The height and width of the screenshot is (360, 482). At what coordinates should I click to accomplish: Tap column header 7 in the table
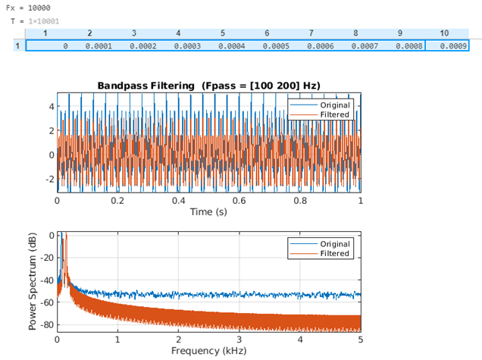click(311, 33)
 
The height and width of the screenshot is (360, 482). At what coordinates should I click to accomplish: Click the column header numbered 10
click(444, 33)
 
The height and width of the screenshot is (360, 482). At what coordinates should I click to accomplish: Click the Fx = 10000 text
click(29, 8)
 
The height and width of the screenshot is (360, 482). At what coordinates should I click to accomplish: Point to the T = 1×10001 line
click(35, 20)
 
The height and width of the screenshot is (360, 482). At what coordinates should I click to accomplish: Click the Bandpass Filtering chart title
click(208, 86)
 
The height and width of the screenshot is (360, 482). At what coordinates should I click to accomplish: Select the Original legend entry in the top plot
click(333, 105)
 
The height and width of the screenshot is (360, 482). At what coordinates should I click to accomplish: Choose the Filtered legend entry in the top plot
click(333, 114)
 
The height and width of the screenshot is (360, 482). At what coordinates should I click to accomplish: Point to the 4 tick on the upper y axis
click(50, 107)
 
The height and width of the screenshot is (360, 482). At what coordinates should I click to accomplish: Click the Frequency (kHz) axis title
click(208, 351)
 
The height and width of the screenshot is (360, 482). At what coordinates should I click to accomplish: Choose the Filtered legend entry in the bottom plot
click(333, 253)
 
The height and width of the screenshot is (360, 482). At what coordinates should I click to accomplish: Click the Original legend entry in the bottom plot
click(333, 243)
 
